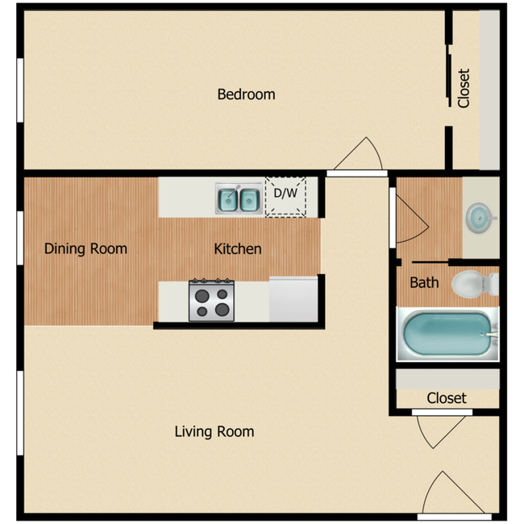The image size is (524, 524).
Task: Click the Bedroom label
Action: click(246, 94)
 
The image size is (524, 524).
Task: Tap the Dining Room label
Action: click(85, 248)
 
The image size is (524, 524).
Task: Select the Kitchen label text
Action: click(237, 248)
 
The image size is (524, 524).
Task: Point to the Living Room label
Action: click(214, 431)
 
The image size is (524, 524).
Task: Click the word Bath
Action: click(424, 282)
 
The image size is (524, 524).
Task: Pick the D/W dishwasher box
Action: click(286, 196)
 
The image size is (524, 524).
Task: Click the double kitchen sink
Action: click(239, 198)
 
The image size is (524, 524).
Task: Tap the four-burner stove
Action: click(211, 300)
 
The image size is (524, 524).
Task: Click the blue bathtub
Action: click(446, 334)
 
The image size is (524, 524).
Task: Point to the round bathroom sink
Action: click(480, 217)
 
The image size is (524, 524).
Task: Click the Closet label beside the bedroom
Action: click(464, 87)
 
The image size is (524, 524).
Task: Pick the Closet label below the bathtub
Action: click(447, 398)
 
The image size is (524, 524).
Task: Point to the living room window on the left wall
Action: click(20, 412)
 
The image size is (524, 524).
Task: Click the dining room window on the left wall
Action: click(20, 239)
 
